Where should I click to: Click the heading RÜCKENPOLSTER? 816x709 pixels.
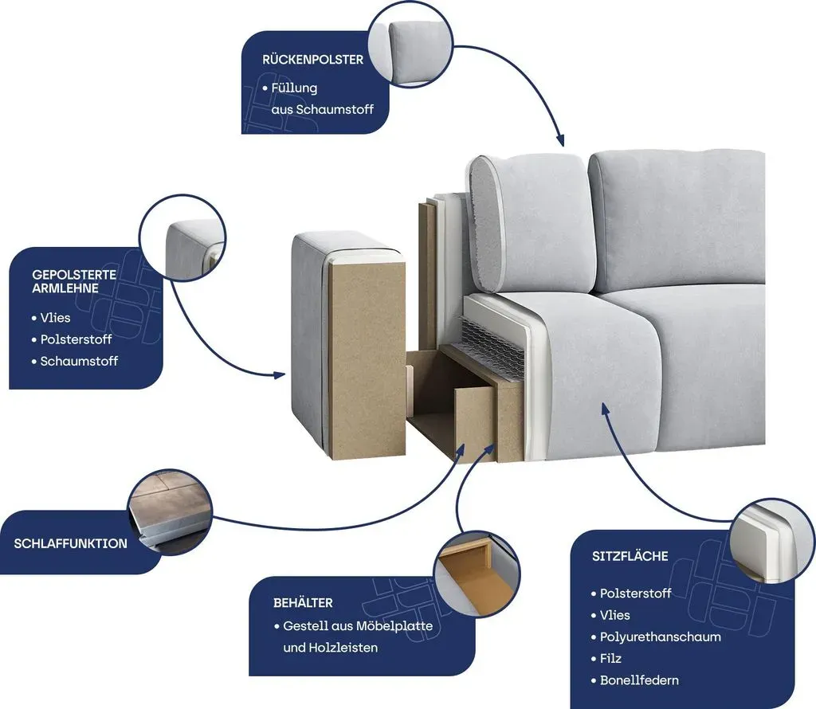click(312, 59)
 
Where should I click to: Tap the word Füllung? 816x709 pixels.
click(294, 88)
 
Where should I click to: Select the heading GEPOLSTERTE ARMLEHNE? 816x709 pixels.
click(74, 281)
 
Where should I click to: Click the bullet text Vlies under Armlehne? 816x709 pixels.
click(55, 317)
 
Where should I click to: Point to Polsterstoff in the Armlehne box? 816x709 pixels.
click(76, 339)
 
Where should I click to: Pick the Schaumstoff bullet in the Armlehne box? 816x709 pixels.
click(79, 361)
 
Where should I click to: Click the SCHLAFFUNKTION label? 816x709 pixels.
click(70, 543)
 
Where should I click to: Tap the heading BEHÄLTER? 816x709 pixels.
click(303, 603)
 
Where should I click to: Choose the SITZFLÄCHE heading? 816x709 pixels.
click(630, 556)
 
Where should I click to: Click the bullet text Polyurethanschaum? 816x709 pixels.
click(661, 637)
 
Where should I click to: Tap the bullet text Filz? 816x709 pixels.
click(610, 659)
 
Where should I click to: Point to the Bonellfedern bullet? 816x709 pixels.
click(639, 680)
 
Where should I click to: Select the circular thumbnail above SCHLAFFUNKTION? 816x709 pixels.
click(171, 512)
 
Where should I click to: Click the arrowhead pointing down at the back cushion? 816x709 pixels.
click(559, 139)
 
